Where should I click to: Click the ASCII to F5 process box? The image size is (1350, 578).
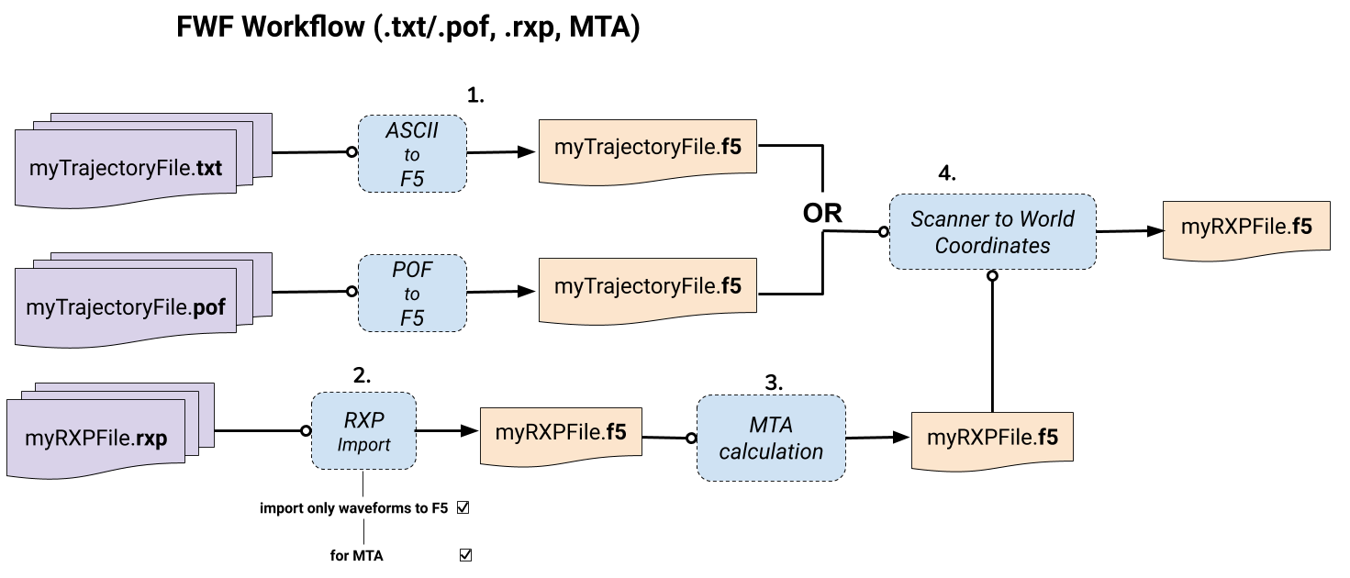[x=412, y=154]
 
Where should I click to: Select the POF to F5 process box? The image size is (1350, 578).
[x=412, y=294]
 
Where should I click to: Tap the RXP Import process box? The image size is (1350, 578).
[x=363, y=431]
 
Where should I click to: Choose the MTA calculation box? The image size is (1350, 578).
[x=771, y=438]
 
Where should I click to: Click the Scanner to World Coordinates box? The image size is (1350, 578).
[x=992, y=232]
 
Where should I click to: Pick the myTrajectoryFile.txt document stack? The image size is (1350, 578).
[x=127, y=168]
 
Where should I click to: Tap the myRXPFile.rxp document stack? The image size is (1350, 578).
[x=96, y=438]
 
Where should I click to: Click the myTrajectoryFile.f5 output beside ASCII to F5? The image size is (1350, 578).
[x=647, y=147]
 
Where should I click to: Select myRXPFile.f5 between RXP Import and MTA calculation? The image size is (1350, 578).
[x=561, y=431]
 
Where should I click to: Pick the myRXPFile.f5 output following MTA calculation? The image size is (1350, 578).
[x=992, y=437]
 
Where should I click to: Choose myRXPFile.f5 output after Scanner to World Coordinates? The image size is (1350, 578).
[x=1246, y=227]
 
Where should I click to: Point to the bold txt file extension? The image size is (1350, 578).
[x=210, y=169]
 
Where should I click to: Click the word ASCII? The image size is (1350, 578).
[x=412, y=130]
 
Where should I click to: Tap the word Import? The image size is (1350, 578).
[x=363, y=445]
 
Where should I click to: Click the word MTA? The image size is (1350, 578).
[x=771, y=425]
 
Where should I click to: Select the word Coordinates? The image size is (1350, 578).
[x=992, y=246]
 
